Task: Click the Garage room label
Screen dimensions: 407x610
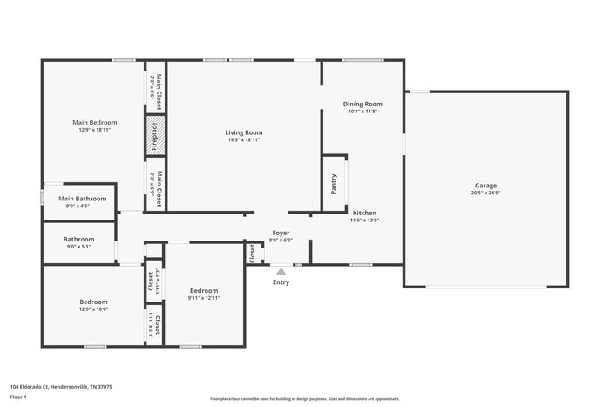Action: [486, 186]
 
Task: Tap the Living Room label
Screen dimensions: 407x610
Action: [244, 132]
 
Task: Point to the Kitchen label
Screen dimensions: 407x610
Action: [364, 213]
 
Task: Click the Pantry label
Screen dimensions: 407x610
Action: [333, 183]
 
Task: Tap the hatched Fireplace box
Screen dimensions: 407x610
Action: [155, 136]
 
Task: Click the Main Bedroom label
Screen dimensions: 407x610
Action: [94, 123]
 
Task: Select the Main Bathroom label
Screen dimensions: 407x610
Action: [83, 199]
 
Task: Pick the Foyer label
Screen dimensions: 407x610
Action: [281, 233]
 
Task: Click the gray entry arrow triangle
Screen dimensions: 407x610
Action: [281, 271]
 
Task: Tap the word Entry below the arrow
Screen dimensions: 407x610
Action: [281, 282]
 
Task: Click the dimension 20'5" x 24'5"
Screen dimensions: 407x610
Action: [486, 193]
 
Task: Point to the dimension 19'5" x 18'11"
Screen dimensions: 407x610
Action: [244, 140]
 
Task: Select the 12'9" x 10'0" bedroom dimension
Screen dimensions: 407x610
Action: [94, 309]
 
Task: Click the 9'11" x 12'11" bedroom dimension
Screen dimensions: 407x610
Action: [204, 298]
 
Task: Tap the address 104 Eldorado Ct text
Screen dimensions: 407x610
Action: [61, 386]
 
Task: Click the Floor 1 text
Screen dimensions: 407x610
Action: [18, 397]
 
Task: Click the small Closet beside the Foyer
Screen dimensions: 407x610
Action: [253, 253]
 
